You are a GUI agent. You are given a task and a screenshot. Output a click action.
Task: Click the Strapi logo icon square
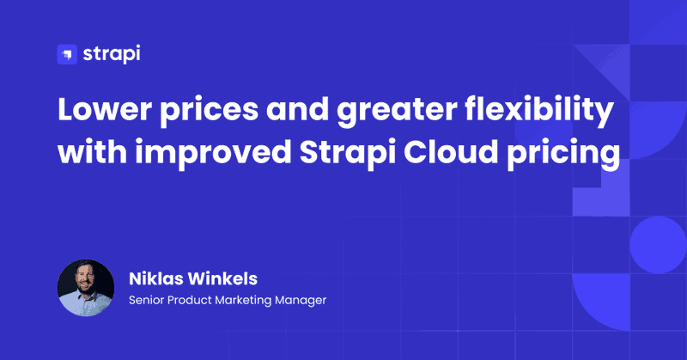pos(67,54)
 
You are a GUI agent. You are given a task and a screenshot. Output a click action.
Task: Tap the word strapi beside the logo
pos(112,54)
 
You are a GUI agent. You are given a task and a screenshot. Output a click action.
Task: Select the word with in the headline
pos(93,152)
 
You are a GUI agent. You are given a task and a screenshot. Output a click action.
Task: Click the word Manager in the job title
pos(301,301)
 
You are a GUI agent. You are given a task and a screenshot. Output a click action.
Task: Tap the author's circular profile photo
pos(86,288)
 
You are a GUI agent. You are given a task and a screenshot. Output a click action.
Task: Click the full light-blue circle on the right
pos(658,245)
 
